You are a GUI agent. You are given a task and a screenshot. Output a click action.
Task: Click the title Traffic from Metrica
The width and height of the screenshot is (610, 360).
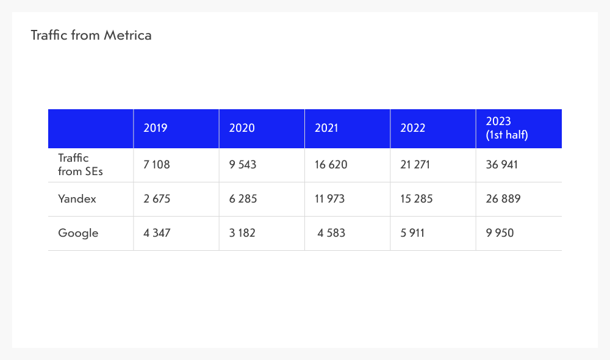coord(91,35)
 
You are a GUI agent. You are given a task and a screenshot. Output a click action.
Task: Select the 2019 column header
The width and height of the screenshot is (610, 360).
coord(156,128)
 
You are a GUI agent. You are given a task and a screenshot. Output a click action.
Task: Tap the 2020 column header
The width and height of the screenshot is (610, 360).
coord(242,128)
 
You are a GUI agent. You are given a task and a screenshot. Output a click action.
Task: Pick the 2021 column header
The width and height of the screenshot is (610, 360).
coord(327,128)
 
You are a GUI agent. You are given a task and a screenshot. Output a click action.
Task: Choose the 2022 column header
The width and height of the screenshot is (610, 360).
coord(413,128)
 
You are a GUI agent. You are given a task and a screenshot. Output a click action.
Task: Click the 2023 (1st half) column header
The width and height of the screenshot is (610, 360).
coord(506,128)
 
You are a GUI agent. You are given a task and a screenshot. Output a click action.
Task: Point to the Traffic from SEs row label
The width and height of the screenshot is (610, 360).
coord(81,165)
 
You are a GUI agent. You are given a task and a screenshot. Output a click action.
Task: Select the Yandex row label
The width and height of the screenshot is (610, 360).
coord(77,199)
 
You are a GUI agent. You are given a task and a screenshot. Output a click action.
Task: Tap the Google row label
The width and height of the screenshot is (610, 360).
coord(78,233)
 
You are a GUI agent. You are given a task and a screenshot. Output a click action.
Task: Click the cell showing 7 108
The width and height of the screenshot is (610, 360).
coord(157,165)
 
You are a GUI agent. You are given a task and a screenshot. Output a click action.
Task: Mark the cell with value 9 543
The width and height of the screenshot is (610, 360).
coord(243,165)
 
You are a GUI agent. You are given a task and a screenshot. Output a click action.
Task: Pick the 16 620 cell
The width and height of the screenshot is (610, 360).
coord(331,165)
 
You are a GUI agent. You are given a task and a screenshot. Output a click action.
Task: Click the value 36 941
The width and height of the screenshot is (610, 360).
coord(502,165)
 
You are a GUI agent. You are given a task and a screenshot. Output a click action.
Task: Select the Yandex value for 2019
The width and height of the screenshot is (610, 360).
coord(157,199)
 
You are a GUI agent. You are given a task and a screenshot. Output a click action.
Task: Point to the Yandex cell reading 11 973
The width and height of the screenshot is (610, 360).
coord(330,199)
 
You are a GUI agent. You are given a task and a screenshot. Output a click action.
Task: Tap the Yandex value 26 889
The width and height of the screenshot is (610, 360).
coord(503,199)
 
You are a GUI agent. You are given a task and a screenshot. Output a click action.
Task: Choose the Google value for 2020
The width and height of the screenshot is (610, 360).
coord(242,233)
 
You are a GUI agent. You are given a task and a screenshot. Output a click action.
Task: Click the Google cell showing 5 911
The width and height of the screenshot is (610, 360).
coord(413,233)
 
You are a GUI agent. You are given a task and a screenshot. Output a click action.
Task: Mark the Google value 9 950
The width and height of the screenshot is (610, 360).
coord(500,233)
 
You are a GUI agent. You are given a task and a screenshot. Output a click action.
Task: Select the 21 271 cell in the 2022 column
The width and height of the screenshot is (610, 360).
coord(415,165)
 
